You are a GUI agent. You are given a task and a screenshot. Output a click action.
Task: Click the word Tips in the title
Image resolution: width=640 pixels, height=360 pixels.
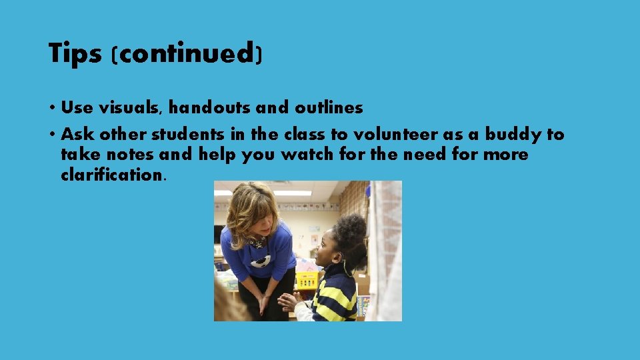click(74, 53)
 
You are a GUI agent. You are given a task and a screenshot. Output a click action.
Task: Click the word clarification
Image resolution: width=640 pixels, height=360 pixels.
click(111, 175)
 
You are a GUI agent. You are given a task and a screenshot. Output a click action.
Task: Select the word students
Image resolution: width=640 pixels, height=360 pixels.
click(187, 135)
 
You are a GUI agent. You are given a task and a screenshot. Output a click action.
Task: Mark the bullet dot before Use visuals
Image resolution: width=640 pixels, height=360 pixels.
click(51, 108)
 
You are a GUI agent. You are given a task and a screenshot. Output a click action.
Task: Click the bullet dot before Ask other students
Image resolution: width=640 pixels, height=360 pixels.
click(51, 135)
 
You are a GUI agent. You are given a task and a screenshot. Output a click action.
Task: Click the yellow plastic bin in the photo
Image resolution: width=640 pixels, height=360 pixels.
click(307, 279)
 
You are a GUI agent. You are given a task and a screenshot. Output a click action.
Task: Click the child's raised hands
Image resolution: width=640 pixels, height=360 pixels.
click(289, 302)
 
